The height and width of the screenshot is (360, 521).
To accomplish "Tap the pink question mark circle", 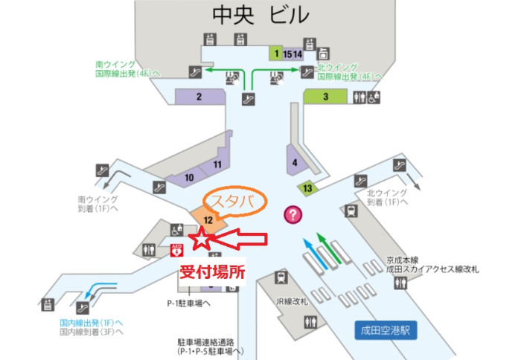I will (x=295, y=215).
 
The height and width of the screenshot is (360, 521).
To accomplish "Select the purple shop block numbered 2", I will (x=199, y=96).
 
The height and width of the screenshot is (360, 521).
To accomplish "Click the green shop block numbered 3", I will (x=326, y=96).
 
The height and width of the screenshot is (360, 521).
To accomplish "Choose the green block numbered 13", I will (x=307, y=187).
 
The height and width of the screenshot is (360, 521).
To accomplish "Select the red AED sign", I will (x=177, y=249).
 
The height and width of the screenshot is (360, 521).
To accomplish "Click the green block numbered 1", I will (x=276, y=54).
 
